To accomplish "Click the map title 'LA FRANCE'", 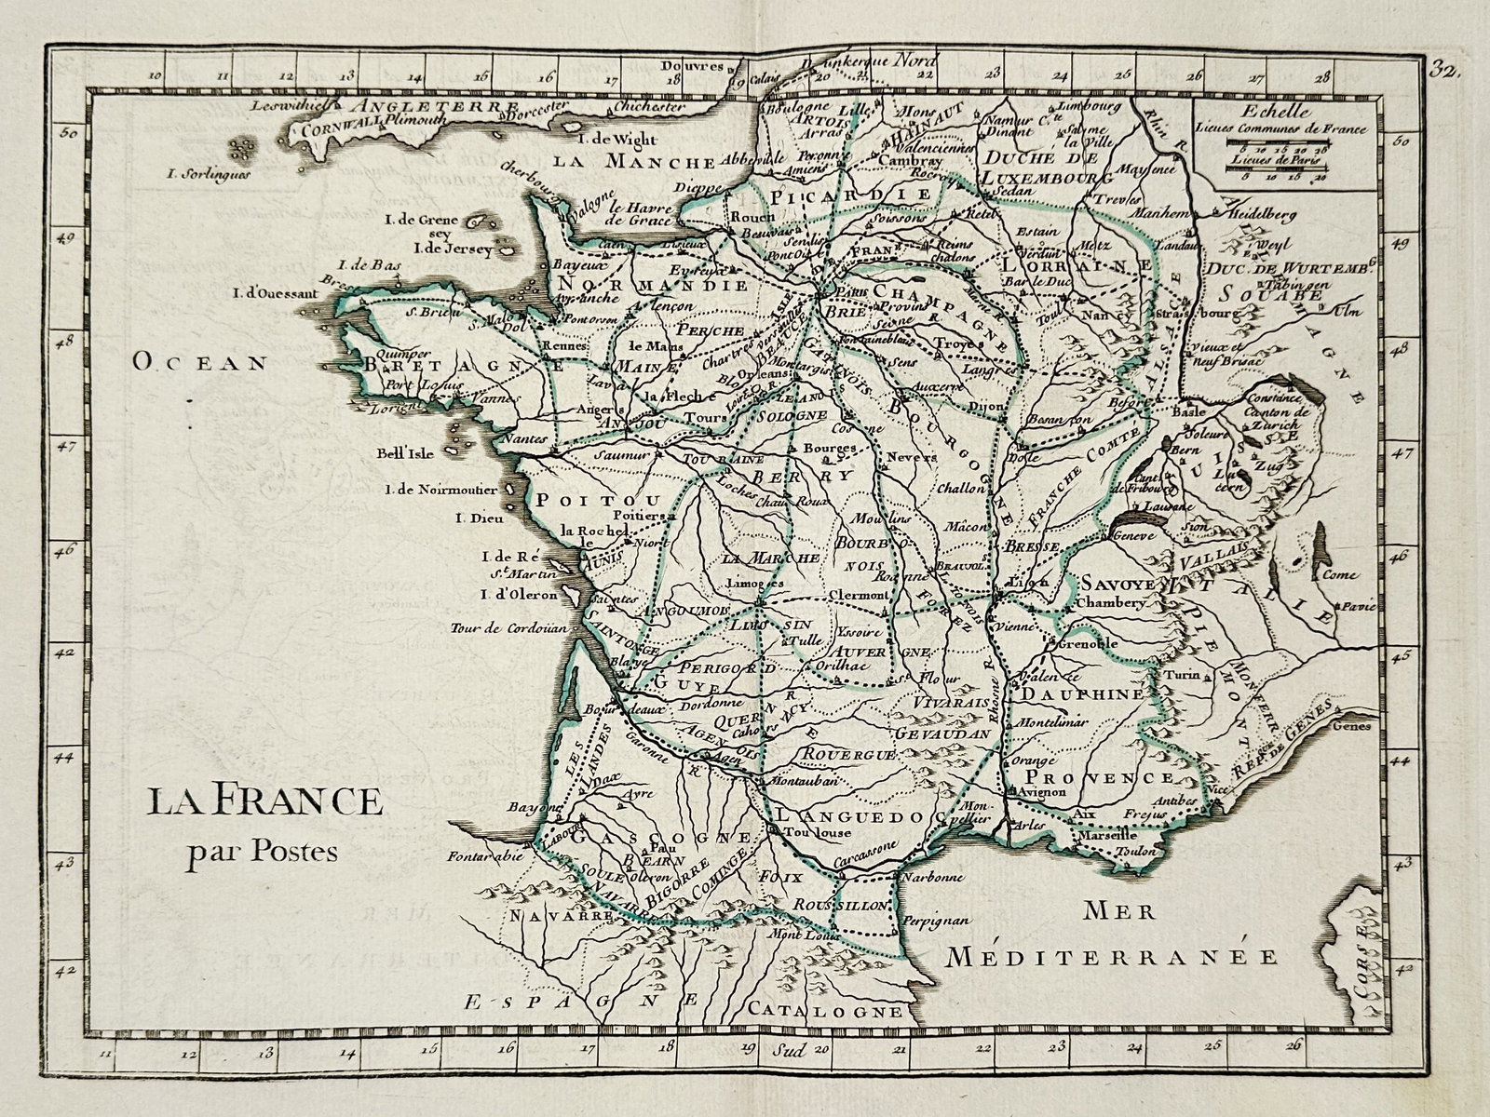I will (x=263, y=801).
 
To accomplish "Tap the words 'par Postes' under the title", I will (x=262, y=850).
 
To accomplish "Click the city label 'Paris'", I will (x=843, y=292).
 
